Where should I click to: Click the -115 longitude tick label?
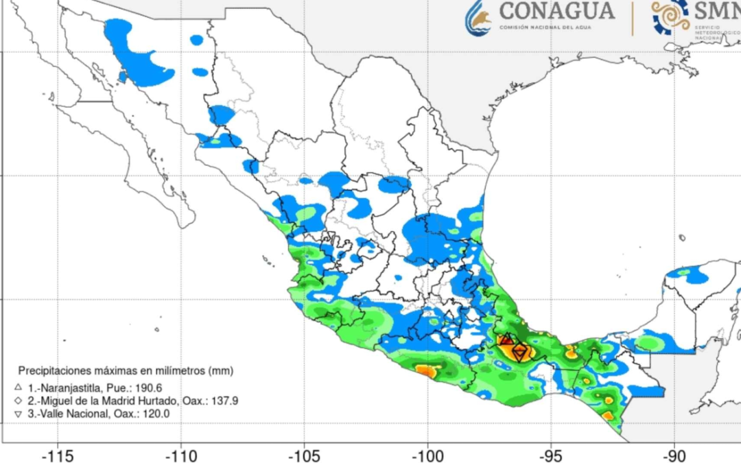pyautogui.click(x=58, y=455)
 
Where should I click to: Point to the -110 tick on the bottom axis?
pyautogui.click(x=181, y=455)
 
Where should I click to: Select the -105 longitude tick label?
pyautogui.click(x=304, y=455)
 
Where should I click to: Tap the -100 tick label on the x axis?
pyautogui.click(x=427, y=455)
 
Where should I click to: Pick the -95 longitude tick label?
pyautogui.click(x=551, y=455)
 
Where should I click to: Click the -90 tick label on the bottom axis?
pyautogui.click(x=674, y=455)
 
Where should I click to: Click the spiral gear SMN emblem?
pyautogui.click(x=670, y=16)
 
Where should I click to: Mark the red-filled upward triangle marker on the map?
pyautogui.click(x=506, y=340)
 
